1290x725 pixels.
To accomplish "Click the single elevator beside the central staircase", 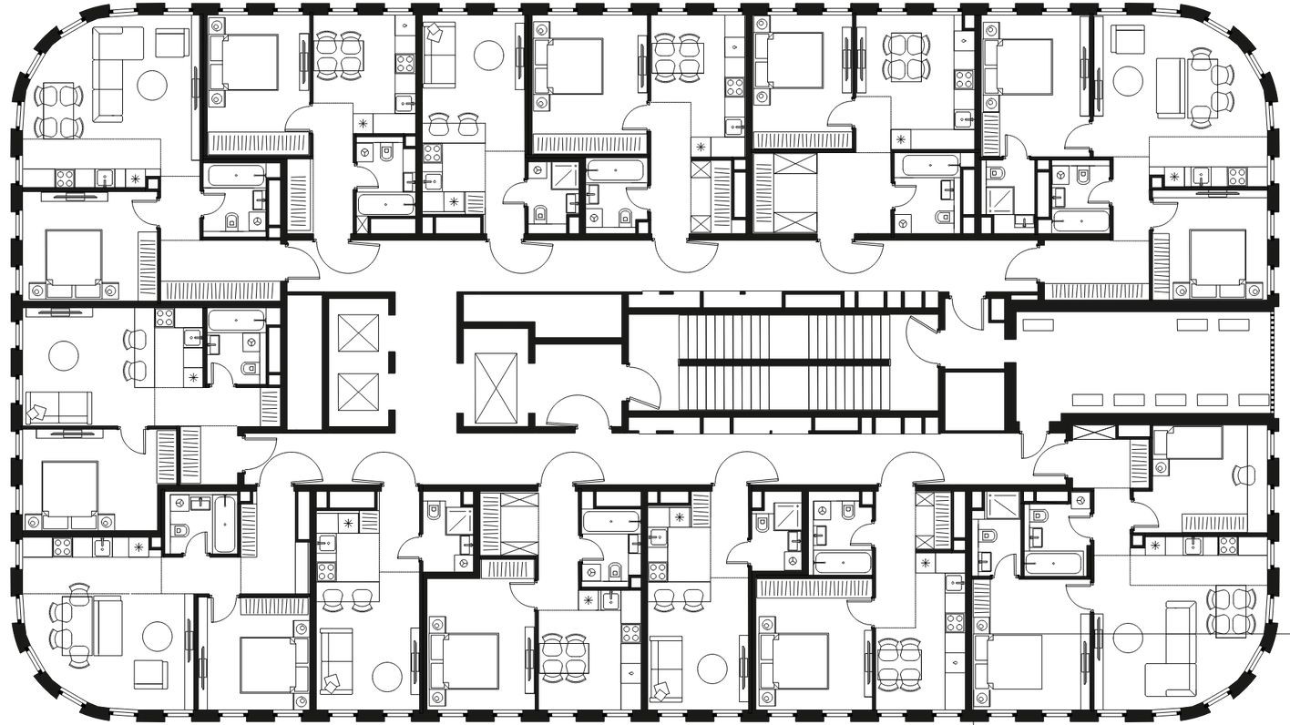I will [496, 388].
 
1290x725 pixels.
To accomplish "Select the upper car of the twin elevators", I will [357, 332].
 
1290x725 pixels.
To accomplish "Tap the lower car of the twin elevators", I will [357, 392].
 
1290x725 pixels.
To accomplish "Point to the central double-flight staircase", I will [783, 362].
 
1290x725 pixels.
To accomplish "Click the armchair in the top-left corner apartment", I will [171, 42].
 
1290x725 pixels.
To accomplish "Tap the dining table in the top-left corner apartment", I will [56, 110].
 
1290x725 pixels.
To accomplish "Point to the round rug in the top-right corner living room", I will [1128, 85].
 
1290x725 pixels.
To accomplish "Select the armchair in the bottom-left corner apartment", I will [151, 674].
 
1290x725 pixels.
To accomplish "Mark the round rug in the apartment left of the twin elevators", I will [65, 354].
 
